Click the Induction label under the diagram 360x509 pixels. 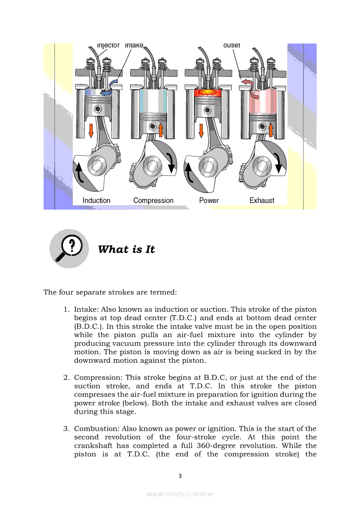tap(96, 200)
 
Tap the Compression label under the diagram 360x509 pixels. tap(153, 200)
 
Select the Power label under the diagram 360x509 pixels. tap(209, 200)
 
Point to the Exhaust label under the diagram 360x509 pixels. tap(262, 200)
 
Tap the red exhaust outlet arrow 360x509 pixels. tap(248, 83)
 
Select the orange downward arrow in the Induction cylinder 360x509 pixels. tap(92, 130)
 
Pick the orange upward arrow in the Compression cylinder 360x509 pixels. tap(160, 130)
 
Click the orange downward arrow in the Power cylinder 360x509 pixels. tap(201, 130)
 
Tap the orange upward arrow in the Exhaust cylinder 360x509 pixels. tap(271, 130)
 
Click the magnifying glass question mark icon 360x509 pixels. tap(69, 249)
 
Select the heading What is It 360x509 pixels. tap(126, 249)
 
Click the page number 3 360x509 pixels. tap(180, 476)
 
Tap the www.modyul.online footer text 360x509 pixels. tap(180, 494)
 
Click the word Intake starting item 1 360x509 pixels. tap(86, 310)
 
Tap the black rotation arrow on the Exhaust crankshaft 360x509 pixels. tap(278, 162)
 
